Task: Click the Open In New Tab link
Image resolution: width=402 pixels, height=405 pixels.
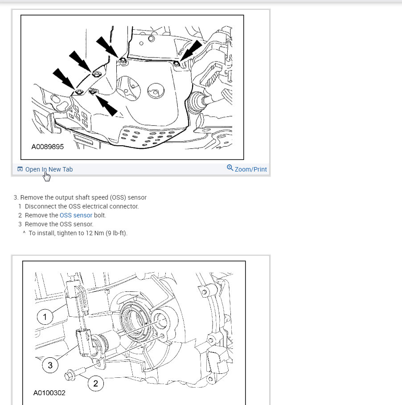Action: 49,169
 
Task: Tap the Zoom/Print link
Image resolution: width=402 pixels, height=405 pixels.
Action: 250,169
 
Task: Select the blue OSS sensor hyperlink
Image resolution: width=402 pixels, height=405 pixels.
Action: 76,215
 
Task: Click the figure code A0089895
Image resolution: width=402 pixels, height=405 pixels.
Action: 48,147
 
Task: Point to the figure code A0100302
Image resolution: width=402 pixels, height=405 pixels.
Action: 49,393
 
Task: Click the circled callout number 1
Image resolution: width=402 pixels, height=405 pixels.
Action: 45,317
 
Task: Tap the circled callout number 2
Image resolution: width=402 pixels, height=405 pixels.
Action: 95,384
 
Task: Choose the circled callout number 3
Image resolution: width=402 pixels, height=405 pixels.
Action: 50,365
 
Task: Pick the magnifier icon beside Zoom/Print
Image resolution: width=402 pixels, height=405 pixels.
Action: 230,168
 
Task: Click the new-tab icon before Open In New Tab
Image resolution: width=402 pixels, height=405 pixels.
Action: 20,169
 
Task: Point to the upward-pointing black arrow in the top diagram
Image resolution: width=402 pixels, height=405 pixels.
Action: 106,105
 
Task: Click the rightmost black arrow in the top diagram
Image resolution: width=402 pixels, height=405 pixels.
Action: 191,51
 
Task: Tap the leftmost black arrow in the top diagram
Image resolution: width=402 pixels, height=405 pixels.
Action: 64,79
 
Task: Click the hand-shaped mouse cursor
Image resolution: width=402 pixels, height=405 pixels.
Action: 47,177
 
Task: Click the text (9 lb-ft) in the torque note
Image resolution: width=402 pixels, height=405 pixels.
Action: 116,233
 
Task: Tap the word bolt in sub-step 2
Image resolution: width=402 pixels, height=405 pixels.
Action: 100,215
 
